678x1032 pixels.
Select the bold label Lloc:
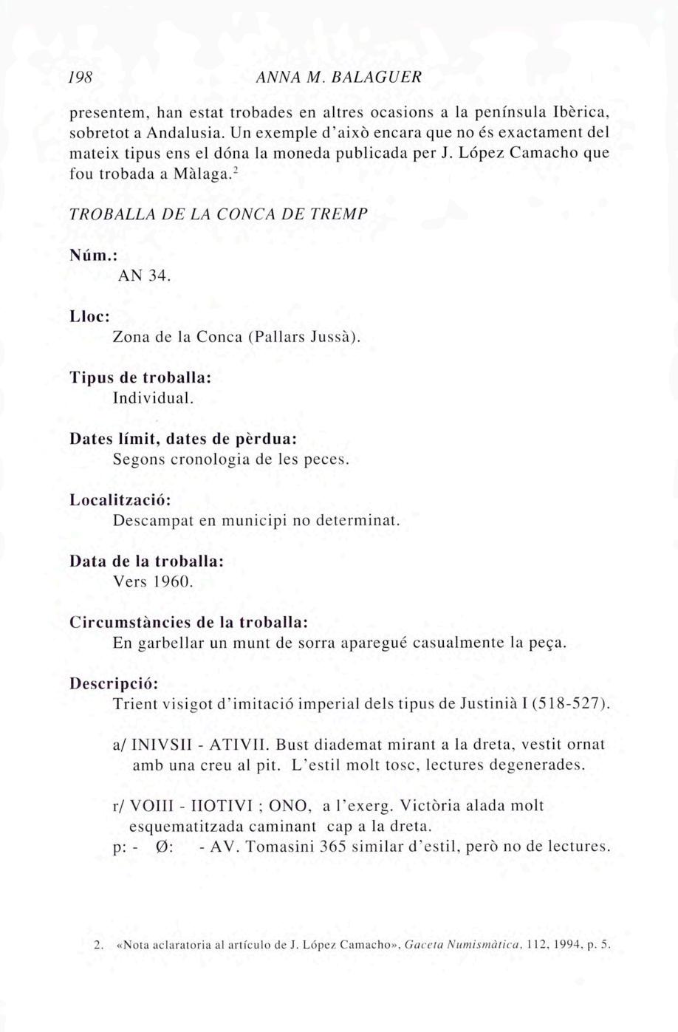(x=89, y=316)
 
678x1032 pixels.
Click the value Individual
(x=153, y=398)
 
